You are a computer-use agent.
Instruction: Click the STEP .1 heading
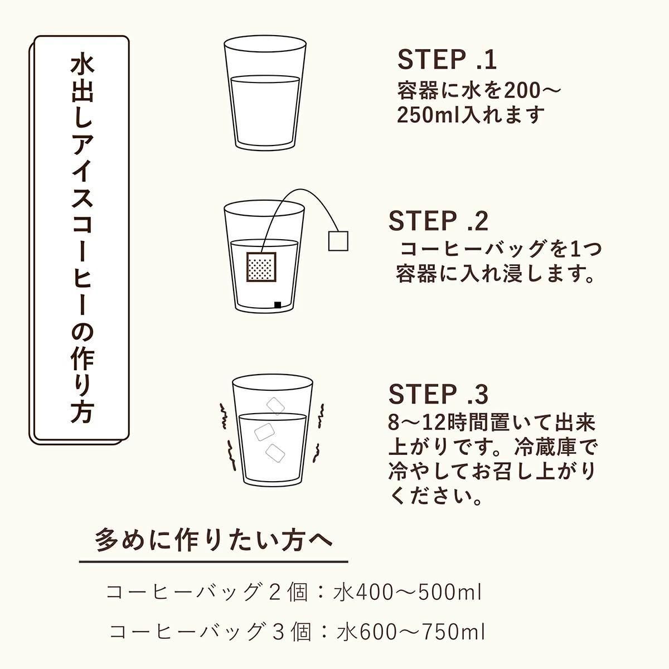447,60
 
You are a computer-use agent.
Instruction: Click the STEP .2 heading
439,221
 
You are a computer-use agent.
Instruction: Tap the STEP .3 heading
439,394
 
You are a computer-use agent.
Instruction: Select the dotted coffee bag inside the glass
261,267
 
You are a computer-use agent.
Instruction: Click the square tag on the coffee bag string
338,240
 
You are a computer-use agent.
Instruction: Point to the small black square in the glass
278,305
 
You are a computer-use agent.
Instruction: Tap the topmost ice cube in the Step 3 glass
275,406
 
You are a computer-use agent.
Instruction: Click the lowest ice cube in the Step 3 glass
275,453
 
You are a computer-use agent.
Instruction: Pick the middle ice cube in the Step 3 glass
265,432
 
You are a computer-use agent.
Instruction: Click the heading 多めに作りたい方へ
214,540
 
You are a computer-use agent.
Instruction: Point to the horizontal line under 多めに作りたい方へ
214,561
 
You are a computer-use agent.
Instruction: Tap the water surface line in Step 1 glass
265,77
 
